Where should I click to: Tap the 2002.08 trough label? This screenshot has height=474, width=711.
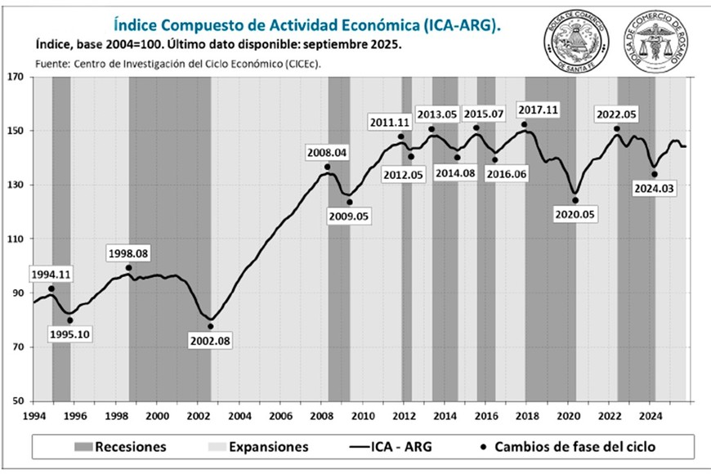click(210, 340)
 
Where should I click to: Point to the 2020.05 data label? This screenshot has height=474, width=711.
click(573, 214)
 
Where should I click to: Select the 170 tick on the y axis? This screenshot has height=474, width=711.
click(17, 78)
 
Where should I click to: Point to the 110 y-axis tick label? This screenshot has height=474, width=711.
click(17, 239)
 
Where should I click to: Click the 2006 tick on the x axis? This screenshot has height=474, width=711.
click(279, 415)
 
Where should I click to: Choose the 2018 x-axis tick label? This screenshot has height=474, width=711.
click(526, 415)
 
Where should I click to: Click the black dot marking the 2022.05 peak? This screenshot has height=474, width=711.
click(617, 129)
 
